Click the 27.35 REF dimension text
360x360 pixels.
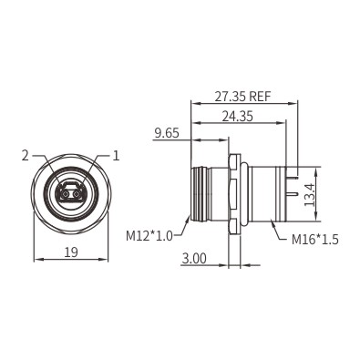pyautogui.click(x=242, y=97)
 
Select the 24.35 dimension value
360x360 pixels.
pyautogui.click(x=237, y=117)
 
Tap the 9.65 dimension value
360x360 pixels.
pyautogui.click(x=167, y=133)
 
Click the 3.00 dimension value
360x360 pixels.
pyautogui.click(x=194, y=259)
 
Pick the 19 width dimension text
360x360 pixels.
pyautogui.click(x=71, y=252)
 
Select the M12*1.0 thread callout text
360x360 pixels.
pyautogui.click(x=149, y=235)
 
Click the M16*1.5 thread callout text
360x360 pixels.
pyautogui.click(x=315, y=240)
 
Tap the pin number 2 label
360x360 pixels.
pyautogui.click(x=26, y=156)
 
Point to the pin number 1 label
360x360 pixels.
pyautogui.click(x=116, y=156)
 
